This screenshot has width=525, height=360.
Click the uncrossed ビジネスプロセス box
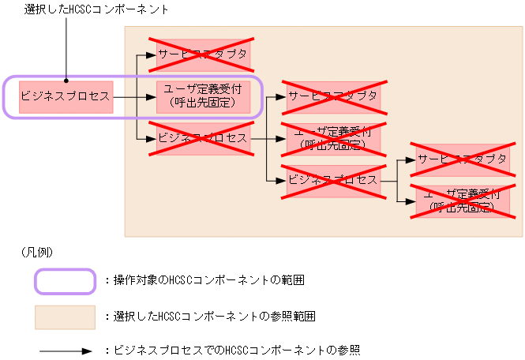pos(66,97)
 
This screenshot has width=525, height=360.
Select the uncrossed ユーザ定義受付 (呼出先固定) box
pos(203,97)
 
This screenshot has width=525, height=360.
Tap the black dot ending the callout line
pos(66,79)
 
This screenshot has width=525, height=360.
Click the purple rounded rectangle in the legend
pos(65,281)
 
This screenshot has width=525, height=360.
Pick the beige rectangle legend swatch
pos(65,317)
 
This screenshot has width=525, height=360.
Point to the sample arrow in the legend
pos(65,349)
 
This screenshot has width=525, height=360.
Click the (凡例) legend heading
pos(38,252)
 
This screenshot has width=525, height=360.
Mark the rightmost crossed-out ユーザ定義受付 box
pos(463,201)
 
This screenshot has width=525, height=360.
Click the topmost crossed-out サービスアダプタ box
pos(203,54)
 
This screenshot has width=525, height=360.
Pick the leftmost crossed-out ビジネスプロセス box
pos(203,138)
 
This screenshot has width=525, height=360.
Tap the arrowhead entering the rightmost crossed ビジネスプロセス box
pos(281,180)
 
